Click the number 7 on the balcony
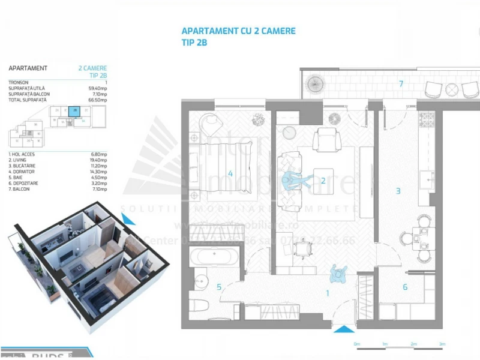401,83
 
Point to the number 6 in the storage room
405,287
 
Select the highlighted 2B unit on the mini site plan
74,110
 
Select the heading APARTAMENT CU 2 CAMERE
238,31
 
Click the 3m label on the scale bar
442,344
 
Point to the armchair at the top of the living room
328,139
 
